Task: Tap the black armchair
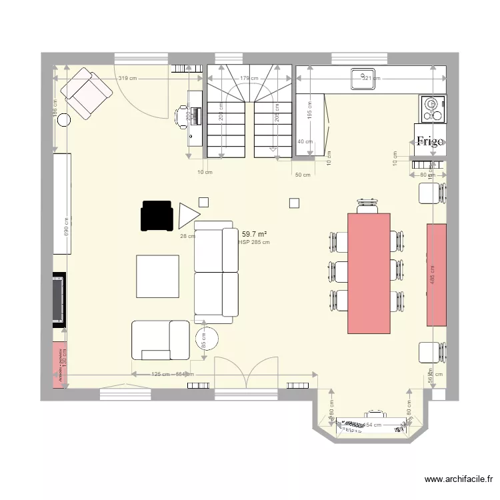[157, 216]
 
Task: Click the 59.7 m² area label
[255, 234]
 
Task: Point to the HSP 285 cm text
[254, 243]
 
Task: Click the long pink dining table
[369, 272]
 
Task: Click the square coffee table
[158, 276]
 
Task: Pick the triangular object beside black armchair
[188, 215]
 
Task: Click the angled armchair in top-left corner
[86, 94]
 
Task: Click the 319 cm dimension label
[128, 79]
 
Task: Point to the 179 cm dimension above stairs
[249, 79]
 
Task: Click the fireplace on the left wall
[60, 299]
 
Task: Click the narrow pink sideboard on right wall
[437, 275]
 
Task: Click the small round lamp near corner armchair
[64, 120]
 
